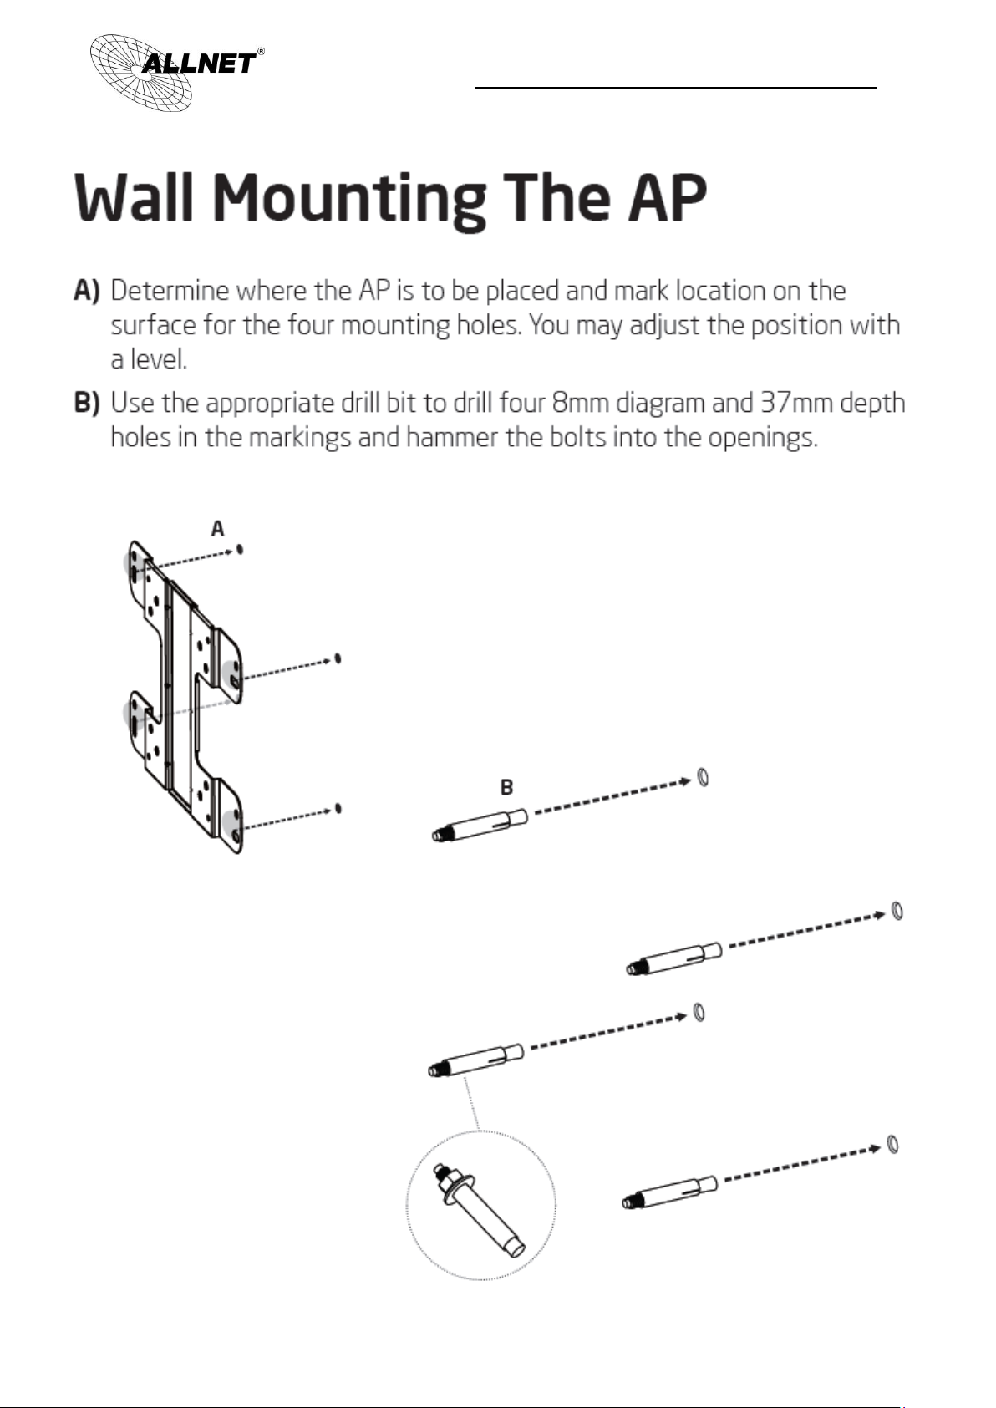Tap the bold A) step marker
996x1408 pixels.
87,291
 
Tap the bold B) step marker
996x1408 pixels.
87,403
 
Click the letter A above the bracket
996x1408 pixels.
217,529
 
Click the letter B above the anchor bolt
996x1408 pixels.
506,787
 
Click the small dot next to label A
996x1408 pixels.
241,549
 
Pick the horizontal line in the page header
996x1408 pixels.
675,86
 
